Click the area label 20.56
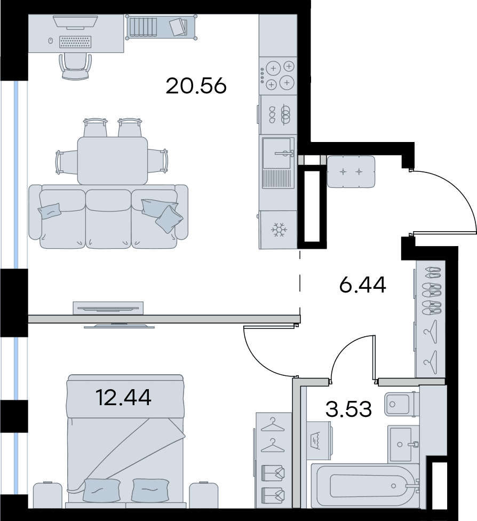tap(196, 86)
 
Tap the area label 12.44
tap(123, 397)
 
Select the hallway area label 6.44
tap(362, 285)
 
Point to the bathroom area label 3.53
tap(348, 409)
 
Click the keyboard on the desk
tap(75, 42)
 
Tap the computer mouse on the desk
tap(51, 41)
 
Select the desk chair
tap(75, 66)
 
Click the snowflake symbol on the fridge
tap(279, 230)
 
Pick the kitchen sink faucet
tap(284, 154)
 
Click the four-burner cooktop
tap(278, 75)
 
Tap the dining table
tap(113, 161)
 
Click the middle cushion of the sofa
tap(108, 219)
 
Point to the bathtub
tap(365, 486)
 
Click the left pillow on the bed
tap(102, 490)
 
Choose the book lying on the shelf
tap(179, 27)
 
